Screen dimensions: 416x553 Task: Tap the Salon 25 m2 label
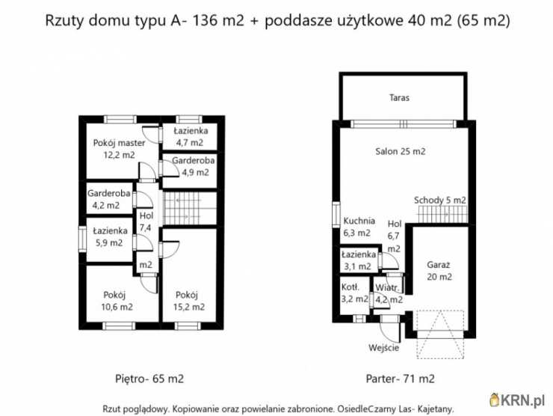click(x=400, y=151)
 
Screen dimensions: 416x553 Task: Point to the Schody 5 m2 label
click(x=440, y=200)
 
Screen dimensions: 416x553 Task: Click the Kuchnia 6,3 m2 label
click(x=359, y=227)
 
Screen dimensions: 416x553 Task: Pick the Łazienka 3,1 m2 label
click(x=356, y=260)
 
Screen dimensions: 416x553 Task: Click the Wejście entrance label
click(x=384, y=347)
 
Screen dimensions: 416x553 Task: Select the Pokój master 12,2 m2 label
click(x=120, y=149)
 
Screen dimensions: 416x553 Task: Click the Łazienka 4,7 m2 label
click(x=190, y=136)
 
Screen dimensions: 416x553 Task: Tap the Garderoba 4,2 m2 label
click(x=109, y=199)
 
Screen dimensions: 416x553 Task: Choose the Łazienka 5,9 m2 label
click(x=109, y=236)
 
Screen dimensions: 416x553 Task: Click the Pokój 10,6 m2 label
click(x=118, y=300)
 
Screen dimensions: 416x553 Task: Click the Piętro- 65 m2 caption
click(x=150, y=379)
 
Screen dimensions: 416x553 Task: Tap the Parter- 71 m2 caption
click(x=401, y=379)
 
